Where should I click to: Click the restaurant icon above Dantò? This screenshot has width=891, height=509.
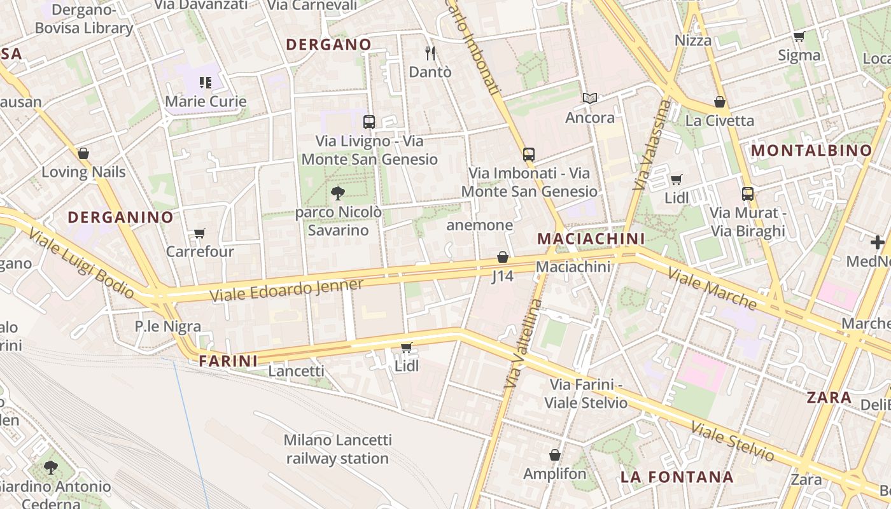point(431,53)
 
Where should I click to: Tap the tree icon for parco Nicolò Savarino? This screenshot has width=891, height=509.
point(338,193)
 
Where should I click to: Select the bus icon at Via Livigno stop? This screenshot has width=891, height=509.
point(369,122)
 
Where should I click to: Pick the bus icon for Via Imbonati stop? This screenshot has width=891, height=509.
point(529,154)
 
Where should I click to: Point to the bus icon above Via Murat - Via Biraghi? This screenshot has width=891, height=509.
point(748,193)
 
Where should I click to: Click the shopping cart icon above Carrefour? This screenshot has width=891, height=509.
point(200,233)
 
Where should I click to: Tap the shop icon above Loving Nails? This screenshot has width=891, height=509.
point(83,153)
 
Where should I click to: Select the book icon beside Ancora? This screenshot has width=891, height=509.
point(590,99)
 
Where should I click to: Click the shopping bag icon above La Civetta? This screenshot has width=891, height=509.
point(720,102)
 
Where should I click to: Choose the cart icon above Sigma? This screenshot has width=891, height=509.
point(799,36)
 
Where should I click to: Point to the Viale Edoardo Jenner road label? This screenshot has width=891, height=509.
point(286,291)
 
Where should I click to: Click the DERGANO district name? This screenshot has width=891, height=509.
point(328,45)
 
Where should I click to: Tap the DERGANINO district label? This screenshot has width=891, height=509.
point(120,217)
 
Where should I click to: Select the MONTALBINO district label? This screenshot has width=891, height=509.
point(811,151)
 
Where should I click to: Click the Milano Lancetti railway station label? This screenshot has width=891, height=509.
point(337,449)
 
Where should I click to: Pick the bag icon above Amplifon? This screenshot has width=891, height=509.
point(555,455)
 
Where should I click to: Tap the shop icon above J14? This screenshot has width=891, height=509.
point(503,257)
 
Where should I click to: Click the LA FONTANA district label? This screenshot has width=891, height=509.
point(677,477)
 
